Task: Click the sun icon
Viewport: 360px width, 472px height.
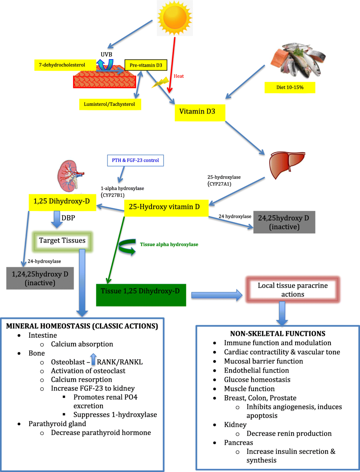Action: (175, 18)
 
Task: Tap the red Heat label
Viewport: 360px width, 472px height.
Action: (179, 76)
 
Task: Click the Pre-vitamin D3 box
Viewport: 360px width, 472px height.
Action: (146, 65)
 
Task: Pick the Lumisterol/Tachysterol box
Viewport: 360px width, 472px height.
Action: (110, 104)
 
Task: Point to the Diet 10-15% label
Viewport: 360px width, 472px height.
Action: (290, 88)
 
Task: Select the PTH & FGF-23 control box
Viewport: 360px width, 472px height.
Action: (136, 160)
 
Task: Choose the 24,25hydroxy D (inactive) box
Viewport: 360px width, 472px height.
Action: (284, 222)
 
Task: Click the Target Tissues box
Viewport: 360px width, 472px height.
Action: (62, 241)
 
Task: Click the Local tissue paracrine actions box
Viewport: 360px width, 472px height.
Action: (293, 290)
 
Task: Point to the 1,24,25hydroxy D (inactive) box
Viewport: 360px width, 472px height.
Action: (40, 278)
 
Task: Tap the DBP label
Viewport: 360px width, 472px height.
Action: (68, 218)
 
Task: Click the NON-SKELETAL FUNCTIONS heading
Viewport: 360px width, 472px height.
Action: (278, 334)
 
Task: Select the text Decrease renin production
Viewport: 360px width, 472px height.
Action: (289, 434)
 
